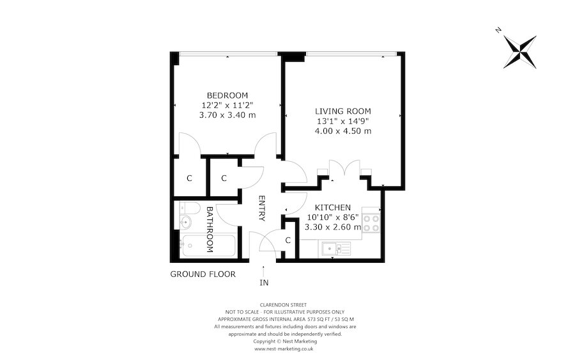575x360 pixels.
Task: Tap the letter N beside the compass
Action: coord(498,30)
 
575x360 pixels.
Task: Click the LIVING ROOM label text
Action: coord(342,111)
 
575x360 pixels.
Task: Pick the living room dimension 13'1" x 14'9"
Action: coord(342,121)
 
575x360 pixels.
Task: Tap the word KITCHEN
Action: coord(332,207)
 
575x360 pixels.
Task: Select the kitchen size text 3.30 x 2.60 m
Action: coord(332,226)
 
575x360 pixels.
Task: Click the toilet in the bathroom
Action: coord(185,208)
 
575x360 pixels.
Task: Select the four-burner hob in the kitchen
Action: coord(371,222)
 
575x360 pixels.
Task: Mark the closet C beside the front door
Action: coord(288,240)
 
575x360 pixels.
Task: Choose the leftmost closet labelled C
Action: coord(189,178)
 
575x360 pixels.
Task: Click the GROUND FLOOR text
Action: coord(203,274)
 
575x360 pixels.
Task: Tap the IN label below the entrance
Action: coord(264,282)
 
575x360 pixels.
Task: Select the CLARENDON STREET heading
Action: coord(284,304)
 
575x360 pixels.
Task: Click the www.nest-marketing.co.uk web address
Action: coord(284,349)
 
